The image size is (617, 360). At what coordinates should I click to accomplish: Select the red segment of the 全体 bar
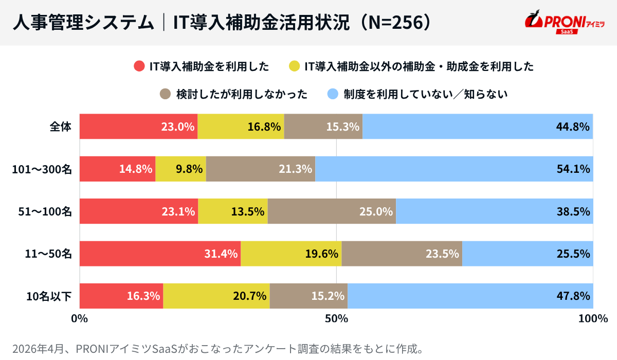138,126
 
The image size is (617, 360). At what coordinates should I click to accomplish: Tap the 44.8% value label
572,127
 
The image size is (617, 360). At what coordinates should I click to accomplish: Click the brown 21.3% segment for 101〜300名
261,168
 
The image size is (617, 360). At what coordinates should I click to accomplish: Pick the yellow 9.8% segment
180,168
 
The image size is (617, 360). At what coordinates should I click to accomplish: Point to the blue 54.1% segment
454,168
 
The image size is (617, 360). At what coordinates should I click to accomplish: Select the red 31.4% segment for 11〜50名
160,253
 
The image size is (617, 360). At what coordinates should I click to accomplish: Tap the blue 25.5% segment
528,253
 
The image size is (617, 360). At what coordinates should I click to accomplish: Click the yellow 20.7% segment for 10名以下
216,296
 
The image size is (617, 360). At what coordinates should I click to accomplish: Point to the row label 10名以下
49,296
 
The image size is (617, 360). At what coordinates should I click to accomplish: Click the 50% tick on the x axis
336,319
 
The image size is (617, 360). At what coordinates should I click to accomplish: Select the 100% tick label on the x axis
593,319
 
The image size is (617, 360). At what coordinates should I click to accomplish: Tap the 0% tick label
79,319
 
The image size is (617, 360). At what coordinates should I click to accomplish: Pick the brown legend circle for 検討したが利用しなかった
165,94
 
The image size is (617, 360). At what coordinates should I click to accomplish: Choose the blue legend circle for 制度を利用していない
333,94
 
